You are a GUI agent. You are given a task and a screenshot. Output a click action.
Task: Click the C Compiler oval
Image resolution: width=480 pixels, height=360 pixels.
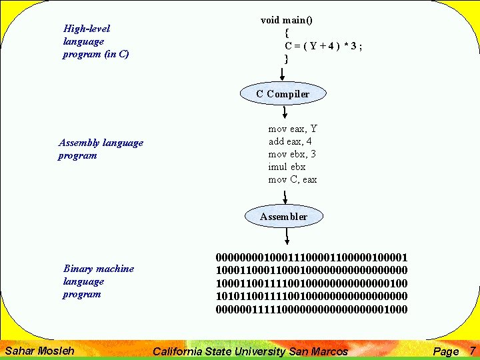tap(283, 94)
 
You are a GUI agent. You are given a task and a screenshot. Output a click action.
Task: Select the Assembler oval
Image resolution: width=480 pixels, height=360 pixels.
tap(284, 217)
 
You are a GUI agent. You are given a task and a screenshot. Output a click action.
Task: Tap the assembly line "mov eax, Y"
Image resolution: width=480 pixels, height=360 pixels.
tap(293, 129)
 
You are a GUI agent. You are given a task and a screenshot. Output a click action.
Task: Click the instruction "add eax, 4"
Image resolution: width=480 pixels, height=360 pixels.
tap(290, 141)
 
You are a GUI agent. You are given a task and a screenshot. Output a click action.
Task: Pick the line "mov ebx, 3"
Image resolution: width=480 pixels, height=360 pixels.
tap(292, 154)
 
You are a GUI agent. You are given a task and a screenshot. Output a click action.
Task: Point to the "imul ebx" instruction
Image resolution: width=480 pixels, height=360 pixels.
tap(287, 167)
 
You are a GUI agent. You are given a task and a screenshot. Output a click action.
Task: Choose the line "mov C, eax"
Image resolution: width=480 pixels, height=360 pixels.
tap(293, 179)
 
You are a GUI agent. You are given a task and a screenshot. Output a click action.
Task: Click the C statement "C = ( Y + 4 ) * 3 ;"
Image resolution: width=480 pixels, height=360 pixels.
tap(323, 46)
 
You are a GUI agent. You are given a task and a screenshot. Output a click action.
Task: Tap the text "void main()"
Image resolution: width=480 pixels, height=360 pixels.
tap(287, 20)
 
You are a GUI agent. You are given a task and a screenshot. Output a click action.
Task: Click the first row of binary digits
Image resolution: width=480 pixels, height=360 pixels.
tap(311, 257)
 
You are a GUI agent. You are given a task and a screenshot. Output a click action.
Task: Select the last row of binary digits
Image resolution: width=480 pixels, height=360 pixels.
tap(311, 309)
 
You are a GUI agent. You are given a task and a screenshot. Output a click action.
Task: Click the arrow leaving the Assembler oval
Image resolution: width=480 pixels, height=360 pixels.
tap(285, 236)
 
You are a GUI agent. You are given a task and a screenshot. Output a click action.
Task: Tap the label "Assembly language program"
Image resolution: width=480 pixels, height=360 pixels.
tap(101, 149)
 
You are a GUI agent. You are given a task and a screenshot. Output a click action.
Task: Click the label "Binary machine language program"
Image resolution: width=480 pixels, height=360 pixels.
tap(98, 281)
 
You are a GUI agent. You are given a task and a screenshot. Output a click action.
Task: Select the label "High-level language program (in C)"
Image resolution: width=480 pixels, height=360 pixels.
tap(95, 41)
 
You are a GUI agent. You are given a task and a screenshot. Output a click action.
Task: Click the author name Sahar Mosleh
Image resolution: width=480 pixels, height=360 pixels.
tap(39, 351)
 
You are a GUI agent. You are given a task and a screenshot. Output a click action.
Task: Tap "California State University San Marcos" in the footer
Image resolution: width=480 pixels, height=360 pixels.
tap(251, 351)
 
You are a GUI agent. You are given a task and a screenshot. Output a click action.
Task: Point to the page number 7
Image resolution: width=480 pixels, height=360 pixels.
tap(472, 351)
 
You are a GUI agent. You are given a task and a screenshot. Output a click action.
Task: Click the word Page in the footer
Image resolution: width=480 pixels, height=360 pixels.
tap(446, 351)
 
